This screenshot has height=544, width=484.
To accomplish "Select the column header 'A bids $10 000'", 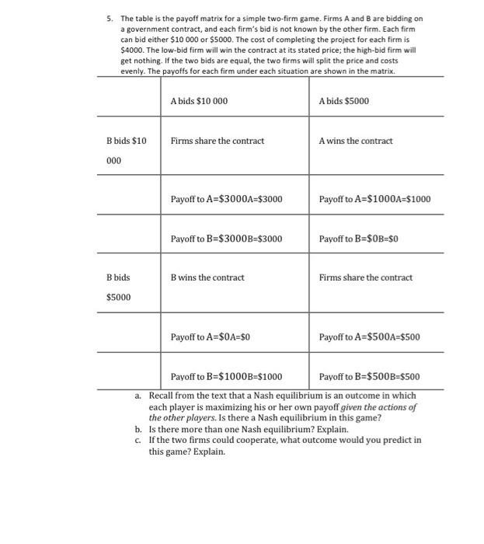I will click(199, 101).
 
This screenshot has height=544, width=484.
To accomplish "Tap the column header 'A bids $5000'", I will click(344, 101).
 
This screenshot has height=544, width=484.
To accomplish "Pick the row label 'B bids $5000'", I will click(118, 287).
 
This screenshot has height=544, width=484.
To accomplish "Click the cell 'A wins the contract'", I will click(356, 141).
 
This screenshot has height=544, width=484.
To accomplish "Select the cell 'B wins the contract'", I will click(207, 277).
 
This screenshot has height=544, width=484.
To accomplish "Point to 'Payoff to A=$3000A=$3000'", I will click(226, 199).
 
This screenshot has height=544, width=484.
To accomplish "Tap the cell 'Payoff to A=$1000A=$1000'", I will click(374, 199).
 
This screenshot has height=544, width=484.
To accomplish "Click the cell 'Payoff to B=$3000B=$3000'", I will click(226, 238).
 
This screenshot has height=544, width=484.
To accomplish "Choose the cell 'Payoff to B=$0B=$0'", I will click(358, 238).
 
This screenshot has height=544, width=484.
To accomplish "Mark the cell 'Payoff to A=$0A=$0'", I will click(210, 337).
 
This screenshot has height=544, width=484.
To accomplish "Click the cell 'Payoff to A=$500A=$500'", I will click(369, 337).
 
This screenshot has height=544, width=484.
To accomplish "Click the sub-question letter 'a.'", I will click(138, 396).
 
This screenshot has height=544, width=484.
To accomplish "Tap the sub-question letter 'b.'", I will click(138, 429).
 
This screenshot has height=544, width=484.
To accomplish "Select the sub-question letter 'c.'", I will click(138, 440).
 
